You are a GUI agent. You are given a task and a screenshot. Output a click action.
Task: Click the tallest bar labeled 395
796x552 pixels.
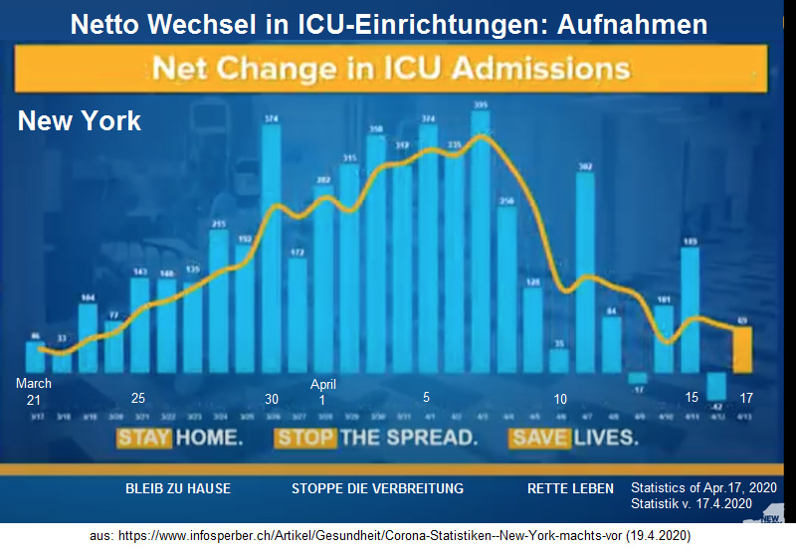pos(481,244)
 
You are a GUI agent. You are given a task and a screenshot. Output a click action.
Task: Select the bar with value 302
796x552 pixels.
pos(585,274)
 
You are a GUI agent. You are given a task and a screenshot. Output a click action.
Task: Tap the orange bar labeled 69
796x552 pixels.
pos(742,348)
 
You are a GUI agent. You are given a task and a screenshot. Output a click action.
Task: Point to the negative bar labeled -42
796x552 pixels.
pos(715,386)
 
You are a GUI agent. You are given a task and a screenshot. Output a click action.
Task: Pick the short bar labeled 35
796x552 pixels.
pos(559,360)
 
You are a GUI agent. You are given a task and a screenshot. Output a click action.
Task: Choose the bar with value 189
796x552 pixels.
pos(690,308)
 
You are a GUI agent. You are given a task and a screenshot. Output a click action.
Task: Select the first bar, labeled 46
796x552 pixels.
pos(36,357)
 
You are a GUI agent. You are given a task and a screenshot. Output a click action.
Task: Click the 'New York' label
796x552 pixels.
pos(80,121)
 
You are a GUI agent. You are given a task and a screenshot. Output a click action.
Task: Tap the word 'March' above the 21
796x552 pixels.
pos(33,384)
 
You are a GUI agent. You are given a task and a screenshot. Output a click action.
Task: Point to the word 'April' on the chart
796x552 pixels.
pos(323,384)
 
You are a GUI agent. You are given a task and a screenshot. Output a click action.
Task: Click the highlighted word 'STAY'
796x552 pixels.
pos(144,438)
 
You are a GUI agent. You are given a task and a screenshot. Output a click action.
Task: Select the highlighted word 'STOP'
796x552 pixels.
pos(304,438)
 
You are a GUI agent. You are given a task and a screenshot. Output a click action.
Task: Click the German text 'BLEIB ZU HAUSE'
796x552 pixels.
pos(178,488)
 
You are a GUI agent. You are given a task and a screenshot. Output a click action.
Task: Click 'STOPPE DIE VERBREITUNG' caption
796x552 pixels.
pos(377,488)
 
